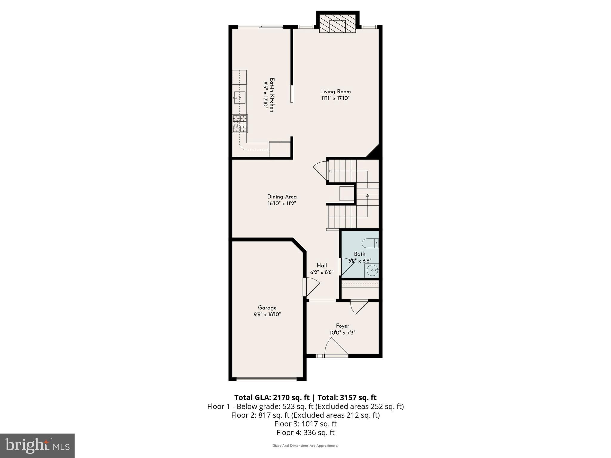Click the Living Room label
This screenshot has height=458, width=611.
[x=335, y=92]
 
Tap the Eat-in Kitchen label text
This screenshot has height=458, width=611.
[x=272, y=95]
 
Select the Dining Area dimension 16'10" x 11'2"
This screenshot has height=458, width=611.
[x=282, y=204]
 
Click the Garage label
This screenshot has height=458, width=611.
[x=267, y=308]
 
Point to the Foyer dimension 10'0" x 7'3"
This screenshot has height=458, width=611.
[x=342, y=332]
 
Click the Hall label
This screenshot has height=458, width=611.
[x=322, y=265]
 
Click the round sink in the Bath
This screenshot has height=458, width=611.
[x=372, y=271]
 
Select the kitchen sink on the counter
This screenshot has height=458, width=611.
[x=240, y=97]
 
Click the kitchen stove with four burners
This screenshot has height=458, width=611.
[x=240, y=123]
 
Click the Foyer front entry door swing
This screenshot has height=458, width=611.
[x=336, y=347]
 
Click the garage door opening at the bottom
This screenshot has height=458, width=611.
[x=266, y=379]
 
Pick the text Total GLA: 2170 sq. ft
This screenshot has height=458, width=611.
[x=272, y=397]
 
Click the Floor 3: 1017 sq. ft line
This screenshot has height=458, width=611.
[x=305, y=424]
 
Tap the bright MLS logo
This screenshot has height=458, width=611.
[x=37, y=445]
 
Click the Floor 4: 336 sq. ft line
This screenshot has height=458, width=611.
[x=305, y=432]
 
